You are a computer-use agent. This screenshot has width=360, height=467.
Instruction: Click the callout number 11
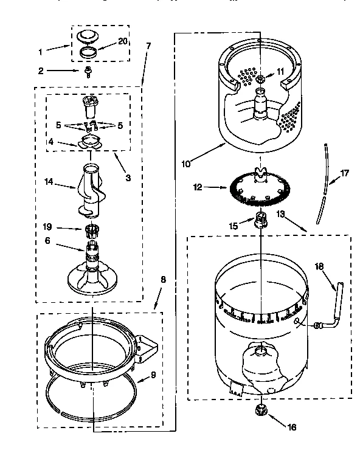click(280, 71)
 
